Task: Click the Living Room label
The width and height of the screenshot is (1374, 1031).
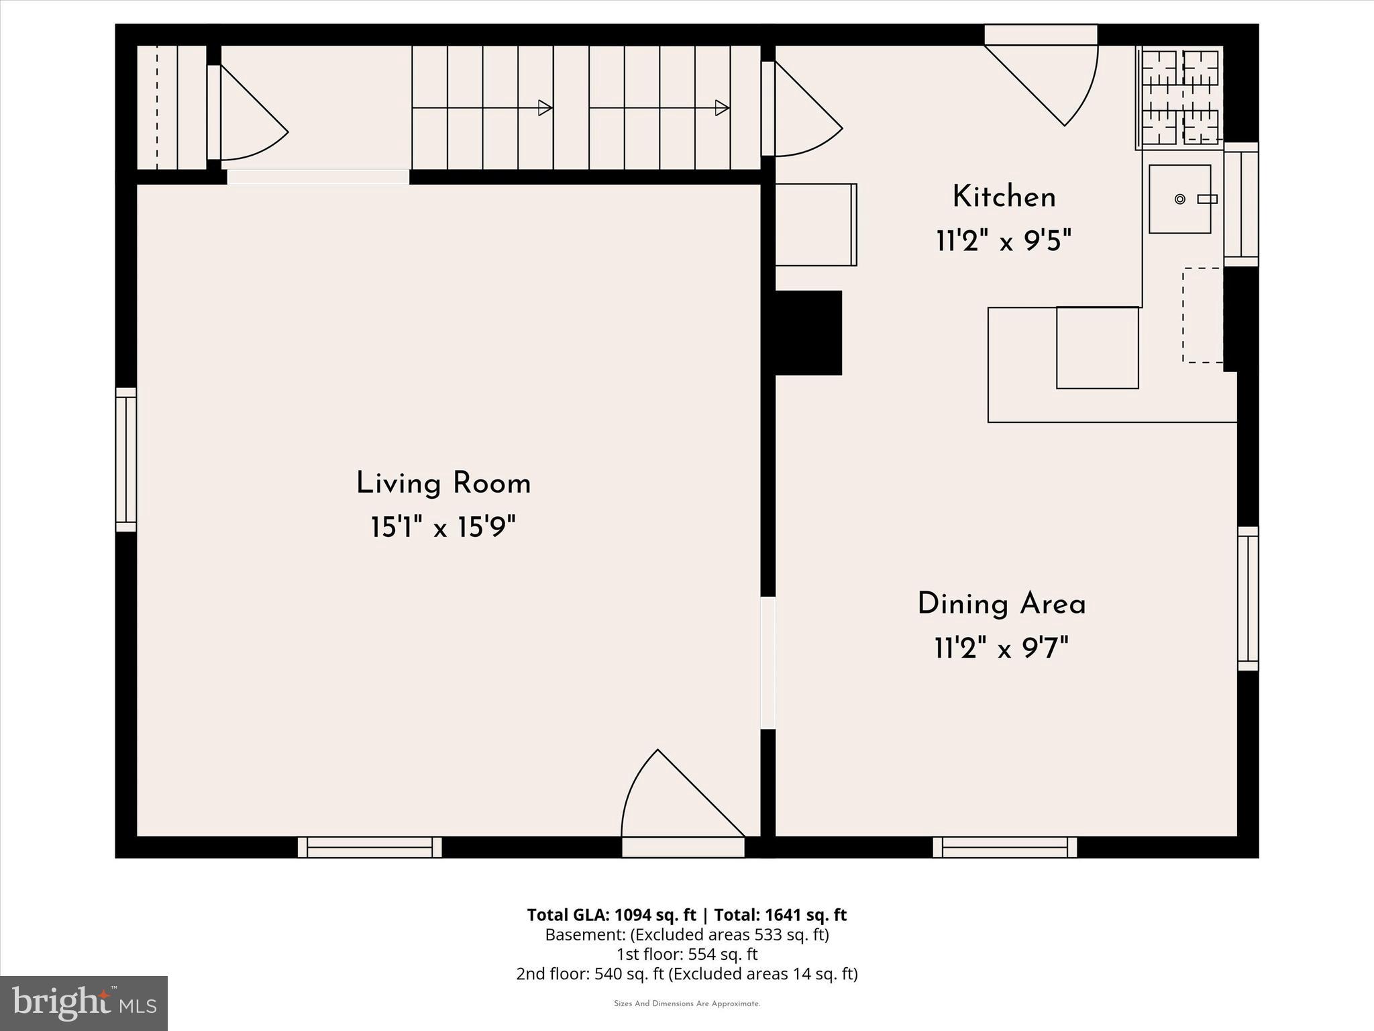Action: tap(443, 483)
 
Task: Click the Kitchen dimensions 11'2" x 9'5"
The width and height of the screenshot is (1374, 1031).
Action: tap(1004, 240)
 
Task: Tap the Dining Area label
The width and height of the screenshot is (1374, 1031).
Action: tap(1001, 604)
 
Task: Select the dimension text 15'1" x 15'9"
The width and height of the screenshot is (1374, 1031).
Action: tap(443, 528)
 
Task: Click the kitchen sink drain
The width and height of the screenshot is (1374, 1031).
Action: tap(1180, 199)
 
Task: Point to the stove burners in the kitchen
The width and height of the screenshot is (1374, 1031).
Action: tap(1180, 97)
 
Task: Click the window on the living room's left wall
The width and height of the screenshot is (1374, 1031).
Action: tap(126, 460)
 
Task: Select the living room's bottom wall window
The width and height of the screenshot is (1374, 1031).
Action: tap(370, 847)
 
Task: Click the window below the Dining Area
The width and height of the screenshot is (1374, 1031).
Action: tap(1004, 847)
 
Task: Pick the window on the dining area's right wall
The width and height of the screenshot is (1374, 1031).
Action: tap(1248, 599)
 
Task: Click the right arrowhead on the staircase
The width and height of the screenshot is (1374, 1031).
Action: tap(722, 107)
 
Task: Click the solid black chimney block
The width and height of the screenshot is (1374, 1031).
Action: tap(808, 333)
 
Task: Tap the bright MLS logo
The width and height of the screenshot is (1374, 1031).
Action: tap(83, 1003)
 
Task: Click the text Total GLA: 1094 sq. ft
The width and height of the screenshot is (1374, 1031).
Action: tap(611, 915)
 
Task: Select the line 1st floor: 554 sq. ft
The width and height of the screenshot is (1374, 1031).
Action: tap(686, 954)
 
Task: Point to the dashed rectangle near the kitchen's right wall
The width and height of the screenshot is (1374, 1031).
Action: tap(1203, 315)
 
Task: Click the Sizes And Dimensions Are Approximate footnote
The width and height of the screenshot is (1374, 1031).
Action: tap(686, 1003)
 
